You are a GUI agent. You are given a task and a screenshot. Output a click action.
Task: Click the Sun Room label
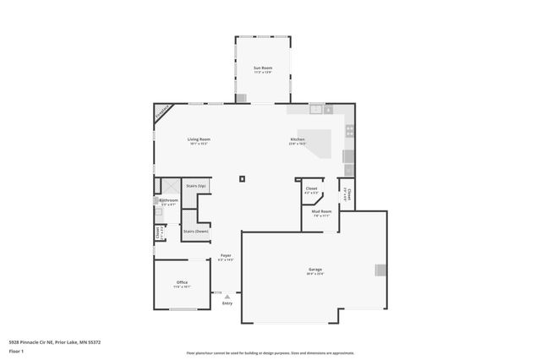coord(263,67)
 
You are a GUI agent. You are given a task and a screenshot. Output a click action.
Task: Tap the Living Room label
coord(199,139)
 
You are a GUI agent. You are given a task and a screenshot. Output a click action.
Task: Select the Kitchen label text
coord(298,139)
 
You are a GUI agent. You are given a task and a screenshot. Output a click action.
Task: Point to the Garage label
coord(314,270)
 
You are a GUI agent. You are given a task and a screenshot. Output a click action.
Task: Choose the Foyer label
coord(226,254)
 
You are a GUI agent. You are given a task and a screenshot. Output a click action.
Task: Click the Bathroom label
coord(168,200)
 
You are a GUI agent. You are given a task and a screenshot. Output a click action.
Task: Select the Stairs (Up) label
coord(196,185)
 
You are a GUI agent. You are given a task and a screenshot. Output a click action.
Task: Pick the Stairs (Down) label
coord(196,231)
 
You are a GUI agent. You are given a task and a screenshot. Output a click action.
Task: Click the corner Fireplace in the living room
coord(162,113)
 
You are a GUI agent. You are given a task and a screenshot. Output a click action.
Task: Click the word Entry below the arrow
coord(227,303)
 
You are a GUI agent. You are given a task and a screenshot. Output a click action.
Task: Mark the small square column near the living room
coord(242,178)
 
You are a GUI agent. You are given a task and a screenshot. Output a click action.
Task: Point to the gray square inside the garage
coord(380,270)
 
